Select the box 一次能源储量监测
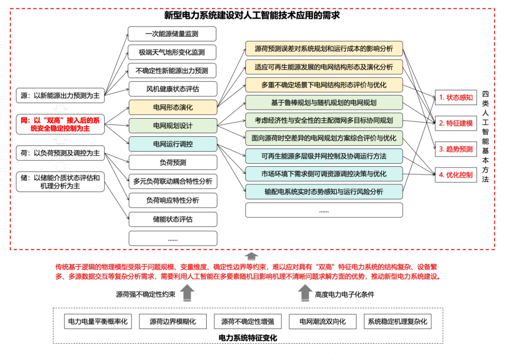click(172, 34)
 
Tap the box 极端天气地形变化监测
click(172, 52)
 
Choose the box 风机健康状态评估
click(172, 89)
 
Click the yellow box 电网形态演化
click(172, 107)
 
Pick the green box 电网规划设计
click(172, 126)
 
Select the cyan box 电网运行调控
click(172, 144)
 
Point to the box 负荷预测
click(172, 162)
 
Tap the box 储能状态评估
click(172, 219)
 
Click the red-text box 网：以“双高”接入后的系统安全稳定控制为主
click(60, 124)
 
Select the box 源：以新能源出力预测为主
click(60, 96)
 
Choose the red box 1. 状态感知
click(455, 97)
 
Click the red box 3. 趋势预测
click(455, 149)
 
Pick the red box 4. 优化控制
click(455, 175)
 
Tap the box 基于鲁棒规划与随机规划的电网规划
click(324, 103)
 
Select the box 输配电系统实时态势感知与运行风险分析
click(324, 192)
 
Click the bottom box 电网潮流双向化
click(322, 322)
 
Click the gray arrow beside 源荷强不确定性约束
click(188, 294)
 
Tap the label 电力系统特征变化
click(247, 338)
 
